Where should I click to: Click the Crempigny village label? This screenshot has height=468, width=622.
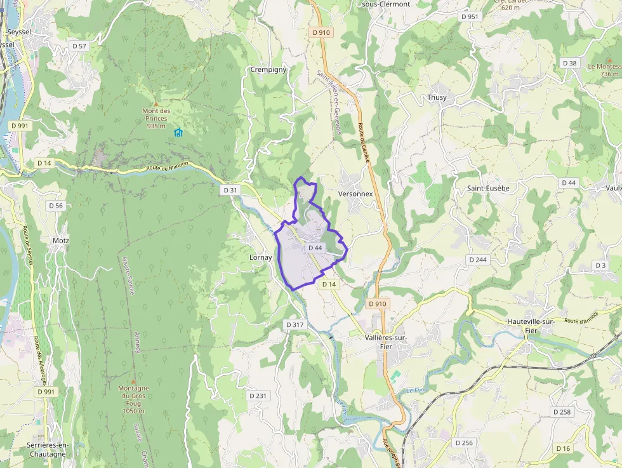(268, 69)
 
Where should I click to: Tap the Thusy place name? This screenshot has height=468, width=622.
(437, 97)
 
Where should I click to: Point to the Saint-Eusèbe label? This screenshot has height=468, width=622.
(488, 188)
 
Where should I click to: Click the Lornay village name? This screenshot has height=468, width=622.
(261, 257)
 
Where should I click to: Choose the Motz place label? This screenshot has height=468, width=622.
(61, 241)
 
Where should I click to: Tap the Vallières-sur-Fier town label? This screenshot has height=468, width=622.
(386, 342)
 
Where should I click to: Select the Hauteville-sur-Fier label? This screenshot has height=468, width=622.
(531, 326)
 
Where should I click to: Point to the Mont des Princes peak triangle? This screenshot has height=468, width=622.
(156, 103)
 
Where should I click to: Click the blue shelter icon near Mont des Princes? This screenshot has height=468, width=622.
(178, 132)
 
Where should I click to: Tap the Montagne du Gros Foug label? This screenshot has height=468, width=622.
(133, 399)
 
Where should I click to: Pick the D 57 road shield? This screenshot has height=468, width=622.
(79, 46)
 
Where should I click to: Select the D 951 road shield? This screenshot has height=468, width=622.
(470, 17)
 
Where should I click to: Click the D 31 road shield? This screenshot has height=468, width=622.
(230, 190)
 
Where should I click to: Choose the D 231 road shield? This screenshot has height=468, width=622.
(258, 396)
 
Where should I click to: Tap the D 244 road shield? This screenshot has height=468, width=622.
(478, 260)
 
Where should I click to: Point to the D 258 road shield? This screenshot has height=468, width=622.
(562, 412)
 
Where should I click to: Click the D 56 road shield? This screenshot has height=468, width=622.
(56, 205)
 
